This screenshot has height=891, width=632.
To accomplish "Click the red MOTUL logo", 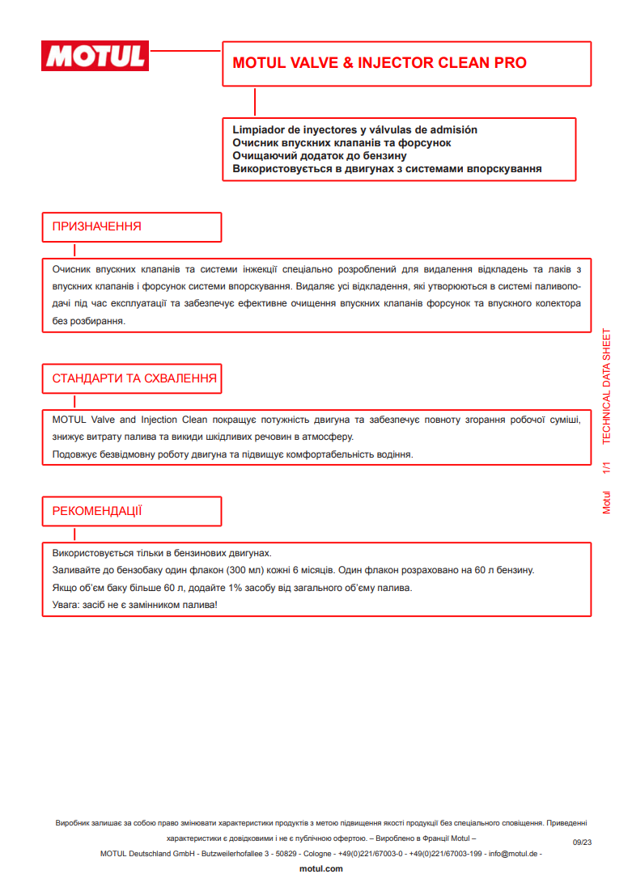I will [x=96, y=56].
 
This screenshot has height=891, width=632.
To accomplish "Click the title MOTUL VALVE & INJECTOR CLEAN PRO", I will [x=380, y=63].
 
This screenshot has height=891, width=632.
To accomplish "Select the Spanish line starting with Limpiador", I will [x=354, y=129].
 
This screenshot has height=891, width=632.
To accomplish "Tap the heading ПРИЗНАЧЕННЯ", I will [x=96, y=226].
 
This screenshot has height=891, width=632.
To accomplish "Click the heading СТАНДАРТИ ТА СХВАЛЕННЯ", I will [x=134, y=378].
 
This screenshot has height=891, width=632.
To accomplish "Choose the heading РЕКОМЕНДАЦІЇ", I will [x=97, y=511].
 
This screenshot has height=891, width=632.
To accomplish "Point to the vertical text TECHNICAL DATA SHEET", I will [x=607, y=387].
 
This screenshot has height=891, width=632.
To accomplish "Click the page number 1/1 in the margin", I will [x=607, y=468].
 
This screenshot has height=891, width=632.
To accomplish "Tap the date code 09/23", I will [x=583, y=842].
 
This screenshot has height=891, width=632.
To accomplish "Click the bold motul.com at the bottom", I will [x=321, y=868].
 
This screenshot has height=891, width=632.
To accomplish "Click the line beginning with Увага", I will [x=135, y=605].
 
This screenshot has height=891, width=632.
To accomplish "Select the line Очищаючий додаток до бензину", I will [x=319, y=156].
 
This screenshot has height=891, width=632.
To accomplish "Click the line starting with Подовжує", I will [x=232, y=454].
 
